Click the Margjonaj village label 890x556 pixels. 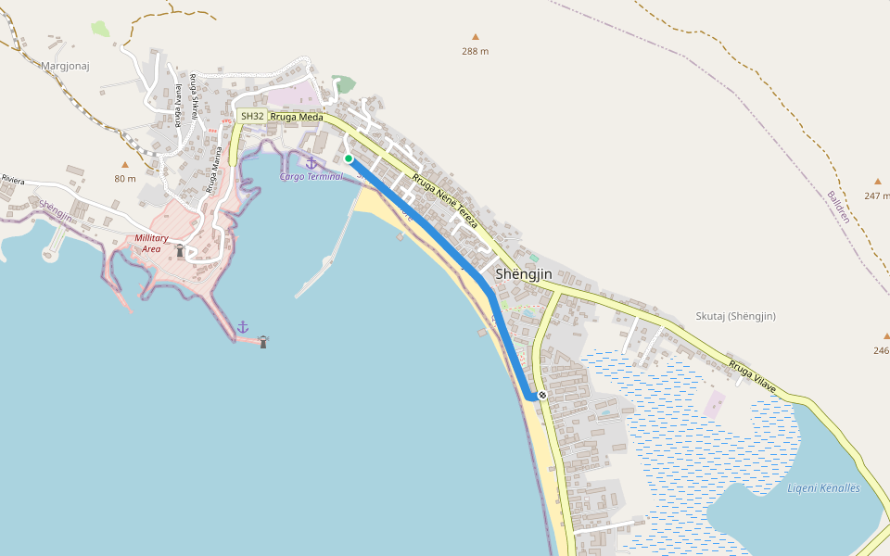(63, 66)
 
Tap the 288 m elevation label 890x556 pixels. (475, 51)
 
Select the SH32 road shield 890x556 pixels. (252, 116)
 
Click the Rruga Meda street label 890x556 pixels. (297, 117)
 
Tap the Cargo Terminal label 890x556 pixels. (311, 176)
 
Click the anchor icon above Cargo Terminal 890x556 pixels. (311, 163)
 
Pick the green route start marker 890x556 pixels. (349, 158)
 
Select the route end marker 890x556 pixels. (542, 396)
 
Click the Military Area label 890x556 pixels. (151, 243)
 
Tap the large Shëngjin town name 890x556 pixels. (524, 274)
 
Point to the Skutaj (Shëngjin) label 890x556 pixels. (735, 316)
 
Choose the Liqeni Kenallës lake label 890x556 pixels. (823, 488)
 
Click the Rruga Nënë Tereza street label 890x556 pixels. (445, 201)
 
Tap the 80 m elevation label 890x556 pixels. (125, 178)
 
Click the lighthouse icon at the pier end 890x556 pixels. (263, 342)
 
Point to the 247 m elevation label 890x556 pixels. (876, 196)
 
